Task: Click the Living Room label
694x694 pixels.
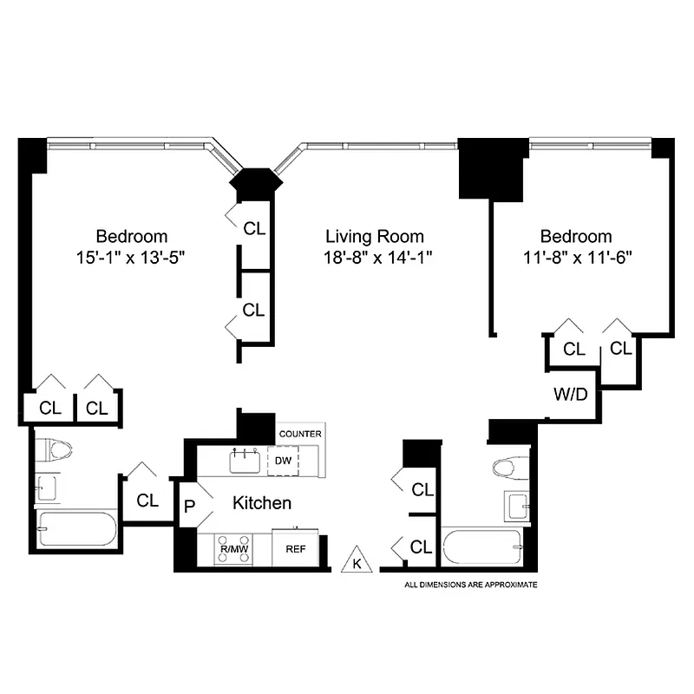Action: pos(375,236)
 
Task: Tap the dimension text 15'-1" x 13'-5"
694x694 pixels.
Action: pos(132,257)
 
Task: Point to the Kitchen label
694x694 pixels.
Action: pos(260,503)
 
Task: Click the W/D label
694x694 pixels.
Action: pos(571,395)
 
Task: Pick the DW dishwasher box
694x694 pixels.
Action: pos(283,461)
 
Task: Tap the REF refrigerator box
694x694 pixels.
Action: pos(295,548)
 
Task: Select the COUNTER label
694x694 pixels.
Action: pos(300,434)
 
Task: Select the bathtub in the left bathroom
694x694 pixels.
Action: pos(75,528)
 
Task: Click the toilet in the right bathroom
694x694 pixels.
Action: pos(510,468)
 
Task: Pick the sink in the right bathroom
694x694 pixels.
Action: pos(517,506)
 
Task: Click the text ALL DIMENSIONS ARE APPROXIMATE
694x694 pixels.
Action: pos(472,585)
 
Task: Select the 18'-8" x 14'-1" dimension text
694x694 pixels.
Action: pos(375,257)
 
